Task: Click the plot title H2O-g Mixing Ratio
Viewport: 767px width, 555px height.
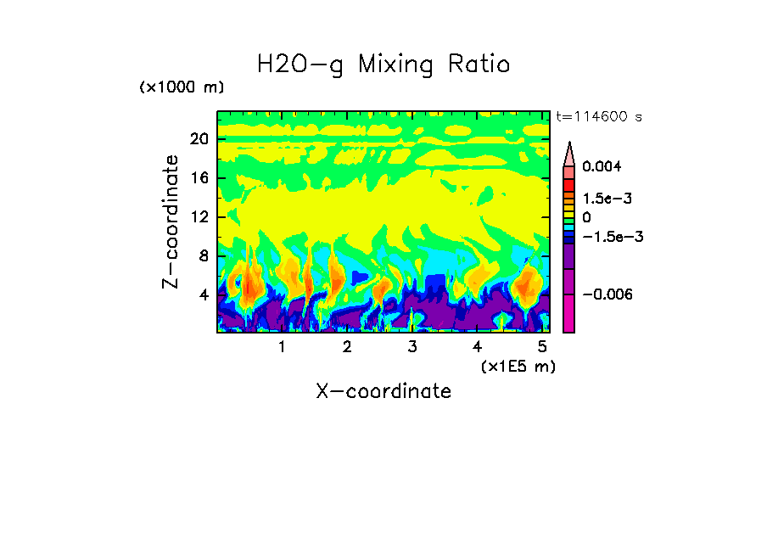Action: [383, 64]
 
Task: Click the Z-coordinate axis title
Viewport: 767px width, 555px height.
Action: [171, 221]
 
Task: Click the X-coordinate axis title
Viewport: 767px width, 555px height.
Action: [383, 391]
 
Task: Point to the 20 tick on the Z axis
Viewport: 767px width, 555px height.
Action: [199, 140]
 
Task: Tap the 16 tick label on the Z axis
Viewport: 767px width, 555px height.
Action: [199, 178]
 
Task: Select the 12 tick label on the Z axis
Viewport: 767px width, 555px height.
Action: [199, 217]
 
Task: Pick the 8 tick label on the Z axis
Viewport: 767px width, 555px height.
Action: [204, 255]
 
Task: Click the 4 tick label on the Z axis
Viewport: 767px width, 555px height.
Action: [204, 294]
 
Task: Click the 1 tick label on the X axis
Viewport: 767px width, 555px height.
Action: [282, 347]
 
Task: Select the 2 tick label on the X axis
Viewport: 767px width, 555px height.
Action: [346, 347]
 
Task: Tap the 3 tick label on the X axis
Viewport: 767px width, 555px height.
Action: [411, 347]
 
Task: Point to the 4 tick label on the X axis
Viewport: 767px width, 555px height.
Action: [477, 347]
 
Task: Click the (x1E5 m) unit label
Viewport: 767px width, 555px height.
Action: [518, 366]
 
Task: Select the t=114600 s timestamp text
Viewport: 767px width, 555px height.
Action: [598, 116]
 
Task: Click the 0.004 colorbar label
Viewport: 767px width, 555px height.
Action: [601, 167]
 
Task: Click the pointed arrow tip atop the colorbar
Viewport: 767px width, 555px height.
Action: [569, 147]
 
